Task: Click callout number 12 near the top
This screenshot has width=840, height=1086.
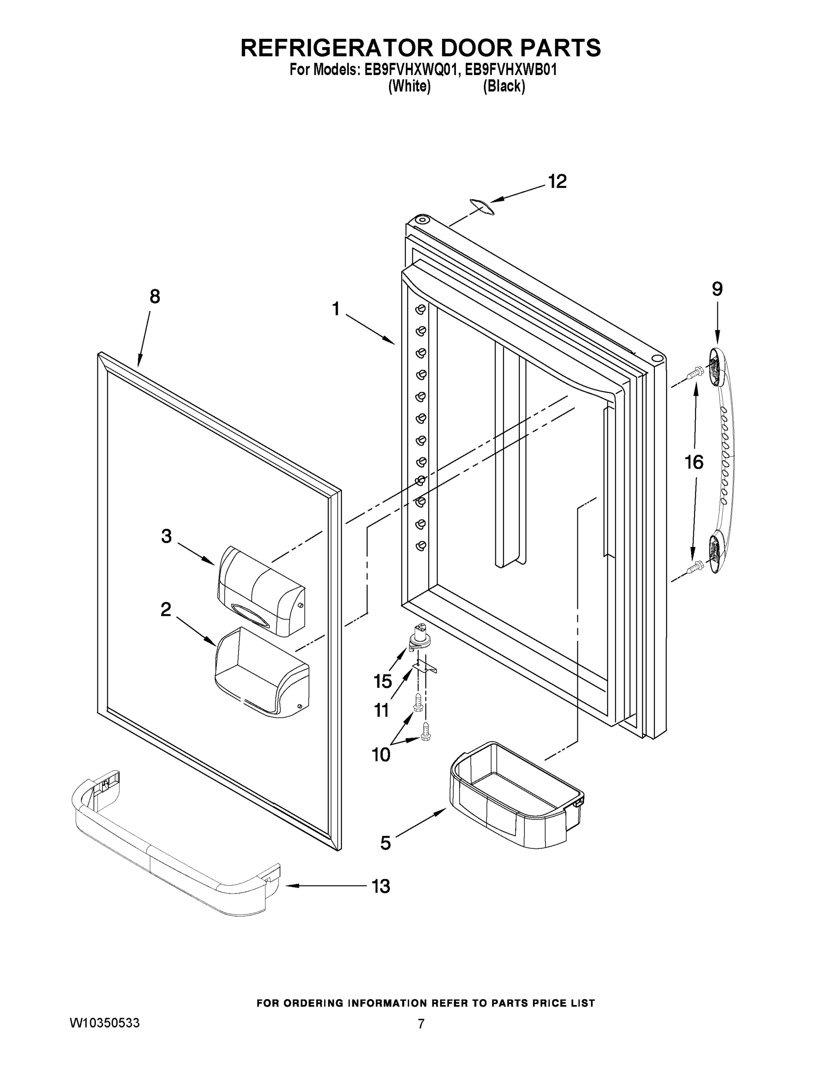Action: [557, 182]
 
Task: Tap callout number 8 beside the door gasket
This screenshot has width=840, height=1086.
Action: [155, 297]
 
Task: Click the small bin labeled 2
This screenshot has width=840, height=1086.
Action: [261, 672]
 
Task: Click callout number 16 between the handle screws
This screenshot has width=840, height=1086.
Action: [694, 462]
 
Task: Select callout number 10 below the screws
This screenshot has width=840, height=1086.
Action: [381, 755]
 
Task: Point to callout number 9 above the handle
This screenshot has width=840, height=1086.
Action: [716, 289]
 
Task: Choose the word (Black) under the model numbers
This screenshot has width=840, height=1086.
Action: [504, 86]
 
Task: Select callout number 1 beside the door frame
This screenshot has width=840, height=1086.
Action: [336, 310]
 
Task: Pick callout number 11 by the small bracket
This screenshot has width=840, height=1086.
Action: [381, 710]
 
